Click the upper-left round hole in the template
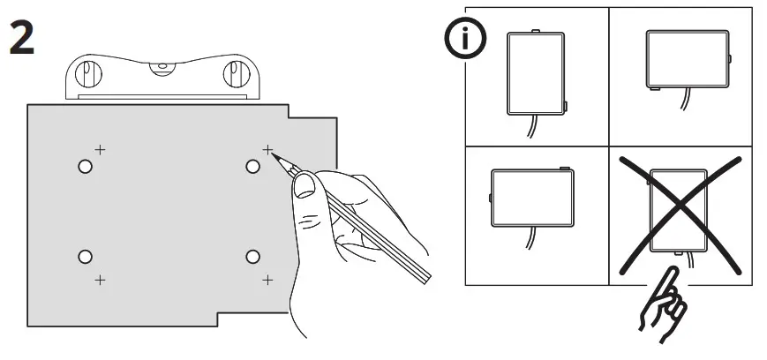(85, 166)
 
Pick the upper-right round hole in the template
(252, 166)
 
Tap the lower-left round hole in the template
(85, 256)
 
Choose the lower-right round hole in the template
(252, 256)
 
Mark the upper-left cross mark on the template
(100, 149)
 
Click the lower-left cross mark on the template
(100, 280)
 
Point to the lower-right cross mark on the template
(267, 280)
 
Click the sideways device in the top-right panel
(688, 61)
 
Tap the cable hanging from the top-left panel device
(530, 128)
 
